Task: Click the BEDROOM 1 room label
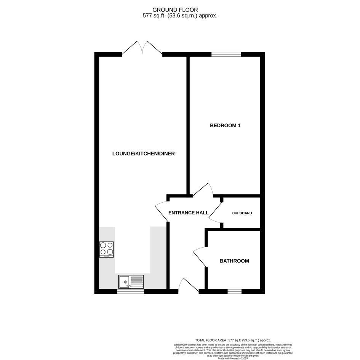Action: pos(225,125)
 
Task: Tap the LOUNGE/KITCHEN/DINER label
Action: pos(144,154)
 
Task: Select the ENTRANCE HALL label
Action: pos(188,213)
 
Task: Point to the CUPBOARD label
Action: pos(242,213)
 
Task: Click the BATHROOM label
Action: pos(234,261)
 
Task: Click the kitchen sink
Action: pos(131,282)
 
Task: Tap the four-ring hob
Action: pos(107,250)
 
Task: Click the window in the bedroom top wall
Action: pos(226,54)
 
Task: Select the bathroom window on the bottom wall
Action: pos(235,291)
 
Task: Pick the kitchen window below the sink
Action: pos(131,291)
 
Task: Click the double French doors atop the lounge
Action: pos(142,48)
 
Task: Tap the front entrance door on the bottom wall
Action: pos(188,286)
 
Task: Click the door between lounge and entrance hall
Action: pos(162,211)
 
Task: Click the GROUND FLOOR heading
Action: pos(175,10)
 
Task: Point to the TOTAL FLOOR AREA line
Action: pos(233,340)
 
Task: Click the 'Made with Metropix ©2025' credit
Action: pos(233,358)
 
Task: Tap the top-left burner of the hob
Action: pos(103,245)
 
